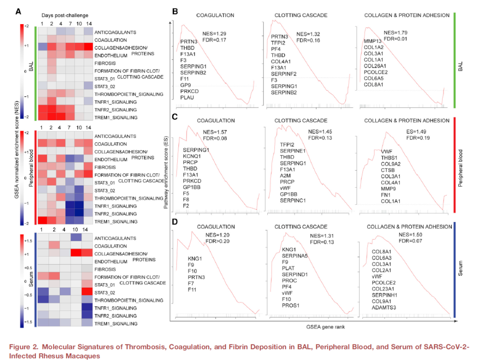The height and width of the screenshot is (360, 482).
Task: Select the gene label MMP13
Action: click(x=373, y=41)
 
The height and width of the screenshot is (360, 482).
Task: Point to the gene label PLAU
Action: click(x=187, y=97)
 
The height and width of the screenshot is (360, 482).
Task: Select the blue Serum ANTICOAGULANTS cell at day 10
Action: click(x=75, y=238)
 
